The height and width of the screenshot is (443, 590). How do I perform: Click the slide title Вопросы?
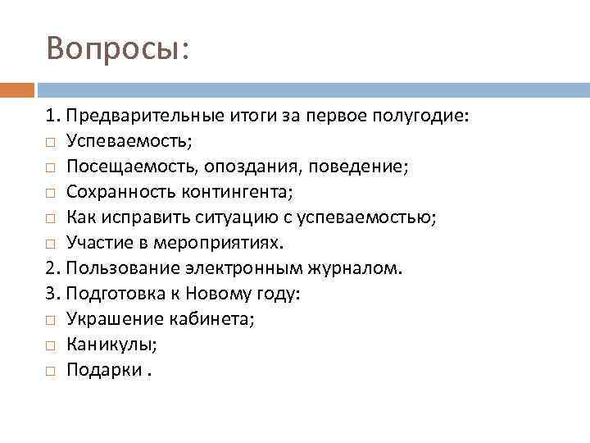coord(118,48)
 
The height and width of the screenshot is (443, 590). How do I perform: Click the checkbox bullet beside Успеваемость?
coord(51,143)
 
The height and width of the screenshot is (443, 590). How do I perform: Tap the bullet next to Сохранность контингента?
coord(51,194)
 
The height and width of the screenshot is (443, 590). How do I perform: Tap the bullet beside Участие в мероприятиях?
coord(51,244)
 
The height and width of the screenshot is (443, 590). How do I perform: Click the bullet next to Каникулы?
coord(51,346)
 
